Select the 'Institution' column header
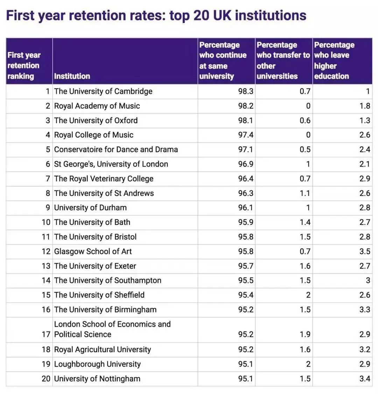click(72, 76)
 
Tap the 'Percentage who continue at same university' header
click(223, 61)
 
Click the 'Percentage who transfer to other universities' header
click(283, 61)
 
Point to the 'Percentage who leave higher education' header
click(334, 61)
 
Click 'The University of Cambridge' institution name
click(103, 91)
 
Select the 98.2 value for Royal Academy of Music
click(246, 106)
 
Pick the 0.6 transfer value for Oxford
click(305, 120)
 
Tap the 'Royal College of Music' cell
click(93, 135)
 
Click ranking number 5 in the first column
click(48, 149)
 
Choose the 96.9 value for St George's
click(246, 164)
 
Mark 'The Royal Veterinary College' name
click(104, 179)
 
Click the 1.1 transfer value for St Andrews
click(305, 193)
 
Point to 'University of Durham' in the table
click(90, 208)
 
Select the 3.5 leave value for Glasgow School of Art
click(365, 252)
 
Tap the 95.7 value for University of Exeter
click(246, 266)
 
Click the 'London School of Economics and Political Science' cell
click(112, 329)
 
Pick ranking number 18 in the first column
click(46, 350)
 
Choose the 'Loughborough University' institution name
click(97, 364)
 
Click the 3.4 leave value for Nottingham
click(365, 379)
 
